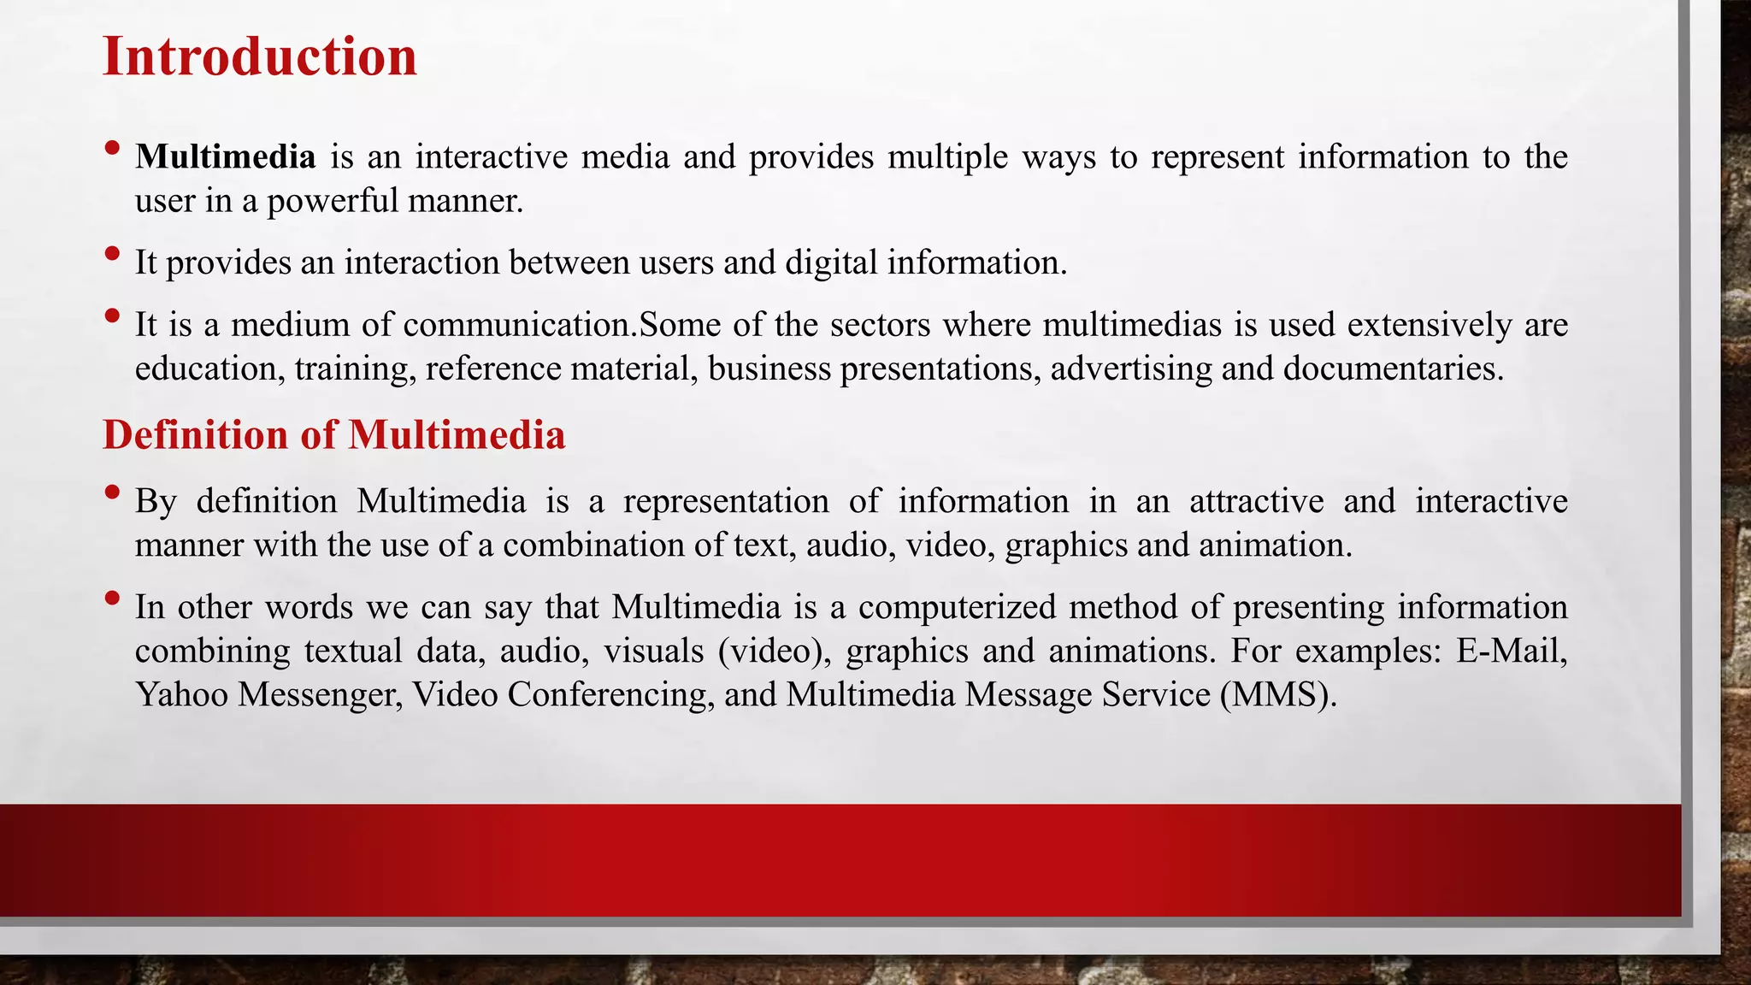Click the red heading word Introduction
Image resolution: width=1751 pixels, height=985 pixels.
click(x=259, y=56)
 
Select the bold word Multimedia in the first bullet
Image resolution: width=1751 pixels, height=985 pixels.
click(x=226, y=157)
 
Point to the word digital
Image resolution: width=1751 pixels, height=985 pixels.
click(x=832, y=262)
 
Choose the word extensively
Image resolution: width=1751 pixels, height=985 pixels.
click(x=1430, y=325)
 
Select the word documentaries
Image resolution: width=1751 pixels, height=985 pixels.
click(x=1393, y=369)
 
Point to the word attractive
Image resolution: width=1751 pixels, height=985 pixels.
click(x=1256, y=501)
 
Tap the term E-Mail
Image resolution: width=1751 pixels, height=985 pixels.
click(x=1512, y=652)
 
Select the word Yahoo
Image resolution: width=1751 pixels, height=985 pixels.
click(x=181, y=695)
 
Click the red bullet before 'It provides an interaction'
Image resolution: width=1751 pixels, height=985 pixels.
click(x=112, y=254)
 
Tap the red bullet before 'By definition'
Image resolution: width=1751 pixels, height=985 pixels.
click(x=112, y=492)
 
